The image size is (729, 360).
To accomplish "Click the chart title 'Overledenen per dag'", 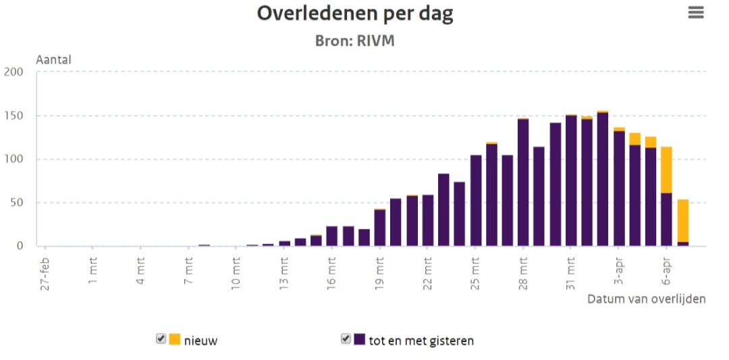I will point(354,14).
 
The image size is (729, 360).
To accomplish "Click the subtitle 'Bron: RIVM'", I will point(354,41).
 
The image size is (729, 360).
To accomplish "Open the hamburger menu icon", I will point(696,13).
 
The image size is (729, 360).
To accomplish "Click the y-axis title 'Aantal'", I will point(54,59).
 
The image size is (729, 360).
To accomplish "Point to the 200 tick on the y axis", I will point(13,72).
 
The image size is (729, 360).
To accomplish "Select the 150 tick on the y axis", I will point(13,115).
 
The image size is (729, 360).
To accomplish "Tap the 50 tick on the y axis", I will point(16,203).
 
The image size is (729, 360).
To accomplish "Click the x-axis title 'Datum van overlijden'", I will point(646,299).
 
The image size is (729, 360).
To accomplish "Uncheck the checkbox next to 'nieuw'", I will point(161,339).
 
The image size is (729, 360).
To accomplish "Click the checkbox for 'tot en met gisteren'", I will point(346,339).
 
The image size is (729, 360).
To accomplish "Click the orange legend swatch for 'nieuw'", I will point(175,339).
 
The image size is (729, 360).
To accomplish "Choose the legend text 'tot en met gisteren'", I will point(421,340).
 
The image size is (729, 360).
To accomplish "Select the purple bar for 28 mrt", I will point(523,182).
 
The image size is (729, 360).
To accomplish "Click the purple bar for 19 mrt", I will point(379,228).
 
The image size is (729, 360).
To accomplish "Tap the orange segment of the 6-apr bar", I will point(666,170).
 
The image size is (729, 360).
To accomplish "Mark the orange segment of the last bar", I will point(683,220).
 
